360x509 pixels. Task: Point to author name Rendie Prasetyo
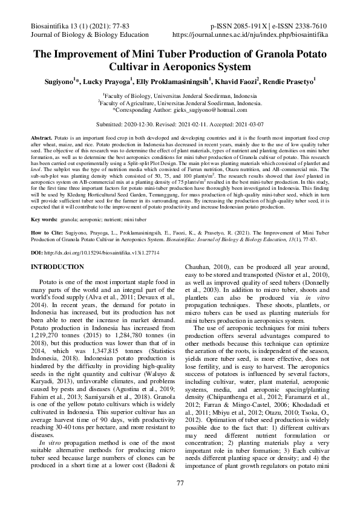(293, 80)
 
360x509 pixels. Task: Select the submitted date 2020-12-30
(139, 123)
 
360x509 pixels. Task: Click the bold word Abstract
(41, 138)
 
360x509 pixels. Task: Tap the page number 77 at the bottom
(180, 482)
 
